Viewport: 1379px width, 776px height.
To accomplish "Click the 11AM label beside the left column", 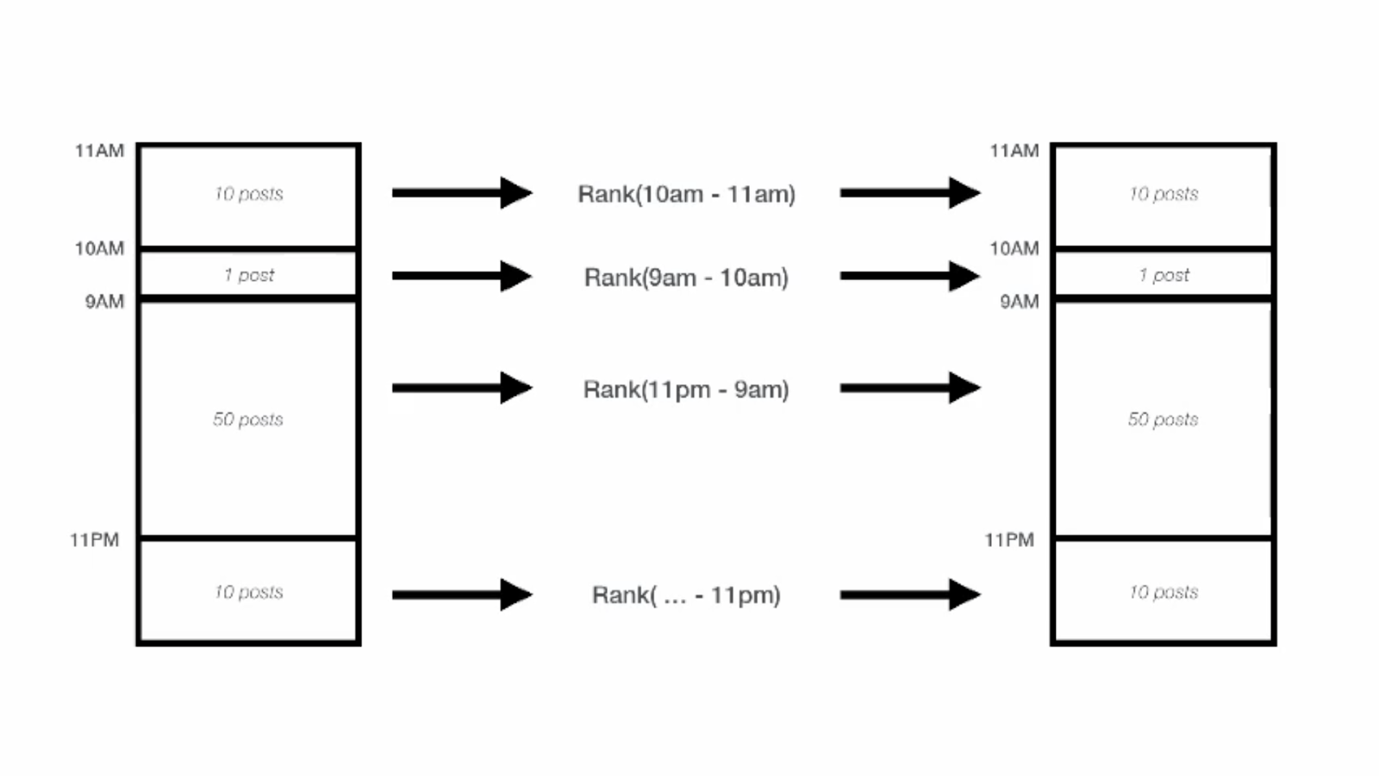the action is pyautogui.click(x=100, y=151).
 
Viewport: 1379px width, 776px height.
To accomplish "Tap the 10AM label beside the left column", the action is pyautogui.click(x=100, y=249).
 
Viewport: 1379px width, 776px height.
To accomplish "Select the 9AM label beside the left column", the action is pyautogui.click(x=104, y=302).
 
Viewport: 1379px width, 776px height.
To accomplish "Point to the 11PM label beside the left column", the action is pyautogui.click(x=94, y=540).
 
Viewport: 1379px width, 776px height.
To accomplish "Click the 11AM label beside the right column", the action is pyautogui.click(x=1014, y=151).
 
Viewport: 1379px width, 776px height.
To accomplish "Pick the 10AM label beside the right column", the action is pyautogui.click(x=1014, y=249).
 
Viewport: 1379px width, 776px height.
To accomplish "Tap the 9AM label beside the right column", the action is pyautogui.click(x=1020, y=302).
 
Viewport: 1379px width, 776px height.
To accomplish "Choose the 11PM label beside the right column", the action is pyautogui.click(x=1009, y=540).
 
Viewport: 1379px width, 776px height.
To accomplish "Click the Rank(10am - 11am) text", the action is pyautogui.click(x=686, y=195).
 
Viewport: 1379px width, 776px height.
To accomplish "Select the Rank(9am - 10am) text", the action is pyautogui.click(x=686, y=278).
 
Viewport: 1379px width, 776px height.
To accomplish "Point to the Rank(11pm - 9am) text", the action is pyautogui.click(x=686, y=390).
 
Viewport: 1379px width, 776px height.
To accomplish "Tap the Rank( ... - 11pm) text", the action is pyautogui.click(x=686, y=596).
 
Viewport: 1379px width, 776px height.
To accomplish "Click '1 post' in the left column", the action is pyautogui.click(x=249, y=275).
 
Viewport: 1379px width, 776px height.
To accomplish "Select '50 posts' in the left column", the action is pyautogui.click(x=248, y=419).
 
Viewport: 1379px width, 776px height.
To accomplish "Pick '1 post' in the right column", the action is pyautogui.click(x=1164, y=275).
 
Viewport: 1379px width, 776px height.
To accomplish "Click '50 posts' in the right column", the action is pyautogui.click(x=1163, y=419).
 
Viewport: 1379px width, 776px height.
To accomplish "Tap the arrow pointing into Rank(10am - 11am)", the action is pyautogui.click(x=463, y=193).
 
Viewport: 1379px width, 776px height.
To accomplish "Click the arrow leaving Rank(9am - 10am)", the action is pyautogui.click(x=910, y=276).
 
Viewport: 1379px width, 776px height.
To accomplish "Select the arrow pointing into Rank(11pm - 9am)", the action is pyautogui.click(x=463, y=388).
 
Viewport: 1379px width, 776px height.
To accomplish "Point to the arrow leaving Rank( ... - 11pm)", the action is pyautogui.click(x=910, y=595).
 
